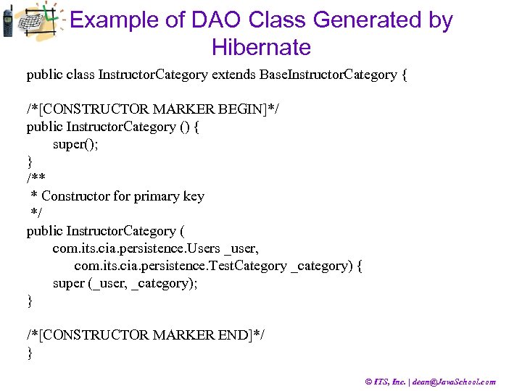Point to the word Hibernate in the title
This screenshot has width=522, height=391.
click(x=261, y=48)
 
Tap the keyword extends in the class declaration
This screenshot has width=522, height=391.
click(x=234, y=75)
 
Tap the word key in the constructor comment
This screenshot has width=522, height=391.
click(x=193, y=196)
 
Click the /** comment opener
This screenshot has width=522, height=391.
click(x=36, y=179)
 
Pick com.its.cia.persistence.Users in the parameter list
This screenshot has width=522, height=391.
click(x=136, y=248)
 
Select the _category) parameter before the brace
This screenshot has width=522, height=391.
click(x=321, y=266)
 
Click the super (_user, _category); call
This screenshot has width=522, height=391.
click(x=125, y=283)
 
